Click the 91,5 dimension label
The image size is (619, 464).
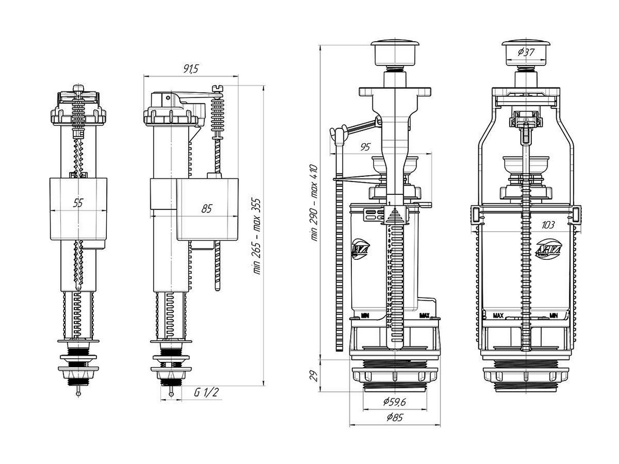point(190,69)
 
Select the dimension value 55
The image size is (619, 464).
point(78,203)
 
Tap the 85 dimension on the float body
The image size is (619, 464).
point(206,209)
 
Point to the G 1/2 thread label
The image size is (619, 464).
point(206,393)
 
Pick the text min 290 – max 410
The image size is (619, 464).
point(314,203)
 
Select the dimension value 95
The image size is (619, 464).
point(365,147)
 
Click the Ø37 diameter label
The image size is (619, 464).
point(526,52)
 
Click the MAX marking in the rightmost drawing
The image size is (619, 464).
point(498,316)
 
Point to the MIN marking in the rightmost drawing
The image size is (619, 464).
point(553,316)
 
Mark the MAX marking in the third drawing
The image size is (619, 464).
point(424,316)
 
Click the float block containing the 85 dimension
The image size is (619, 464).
point(207,209)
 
